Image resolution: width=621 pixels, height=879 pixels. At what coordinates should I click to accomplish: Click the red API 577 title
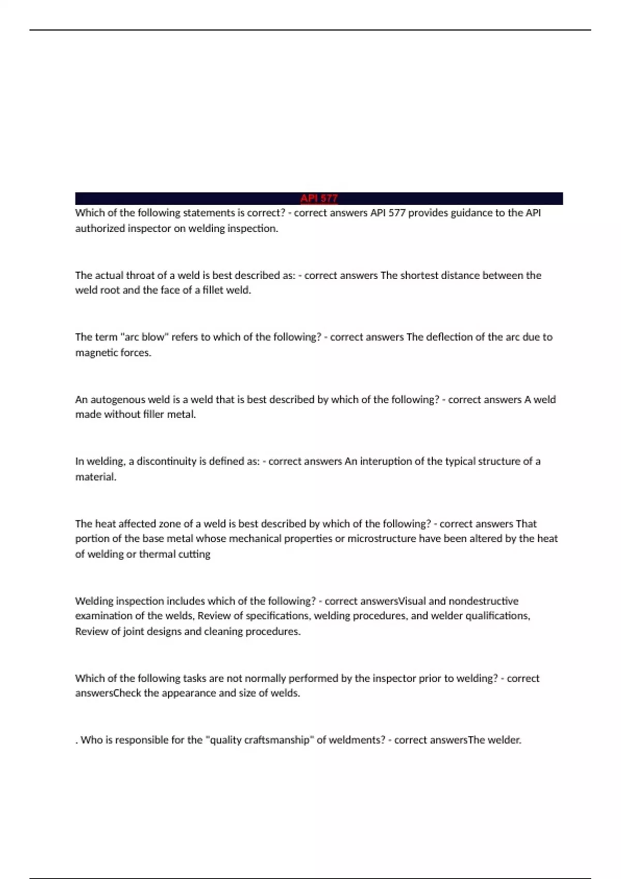click(319, 199)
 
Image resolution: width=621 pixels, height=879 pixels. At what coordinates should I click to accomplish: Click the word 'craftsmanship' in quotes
click(276, 740)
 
